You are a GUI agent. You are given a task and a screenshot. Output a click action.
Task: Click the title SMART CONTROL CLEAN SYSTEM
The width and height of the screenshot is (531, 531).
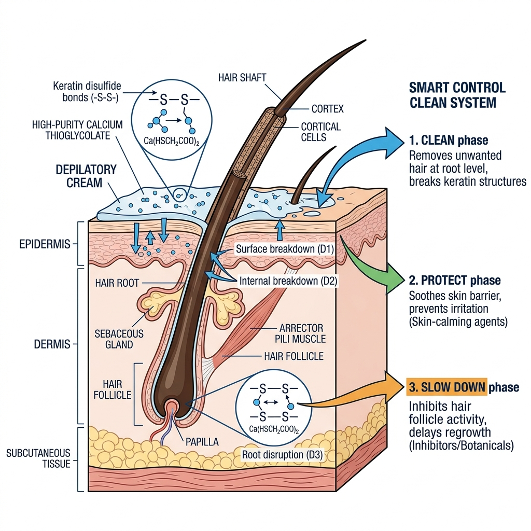click(x=457, y=94)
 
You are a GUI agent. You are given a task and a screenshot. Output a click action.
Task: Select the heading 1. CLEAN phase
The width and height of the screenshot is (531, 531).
click(x=448, y=141)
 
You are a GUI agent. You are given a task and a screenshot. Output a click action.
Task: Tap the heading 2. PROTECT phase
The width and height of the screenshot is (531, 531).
click(x=455, y=281)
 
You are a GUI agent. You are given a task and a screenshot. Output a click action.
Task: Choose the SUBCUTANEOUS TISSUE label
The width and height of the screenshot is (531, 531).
click(x=38, y=458)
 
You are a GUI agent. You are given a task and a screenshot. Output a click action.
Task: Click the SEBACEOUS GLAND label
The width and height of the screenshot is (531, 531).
click(x=120, y=340)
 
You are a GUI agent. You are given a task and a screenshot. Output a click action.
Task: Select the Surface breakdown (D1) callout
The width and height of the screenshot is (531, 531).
click(x=282, y=249)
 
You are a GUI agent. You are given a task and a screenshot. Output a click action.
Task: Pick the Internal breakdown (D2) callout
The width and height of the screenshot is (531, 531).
click(x=288, y=281)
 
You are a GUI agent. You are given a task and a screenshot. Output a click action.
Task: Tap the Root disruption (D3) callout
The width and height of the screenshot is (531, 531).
click(x=283, y=455)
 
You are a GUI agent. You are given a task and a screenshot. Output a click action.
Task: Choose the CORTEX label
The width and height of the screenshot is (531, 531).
click(x=327, y=109)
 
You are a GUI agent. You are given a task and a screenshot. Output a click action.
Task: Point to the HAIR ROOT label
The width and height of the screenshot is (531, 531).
click(x=116, y=283)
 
